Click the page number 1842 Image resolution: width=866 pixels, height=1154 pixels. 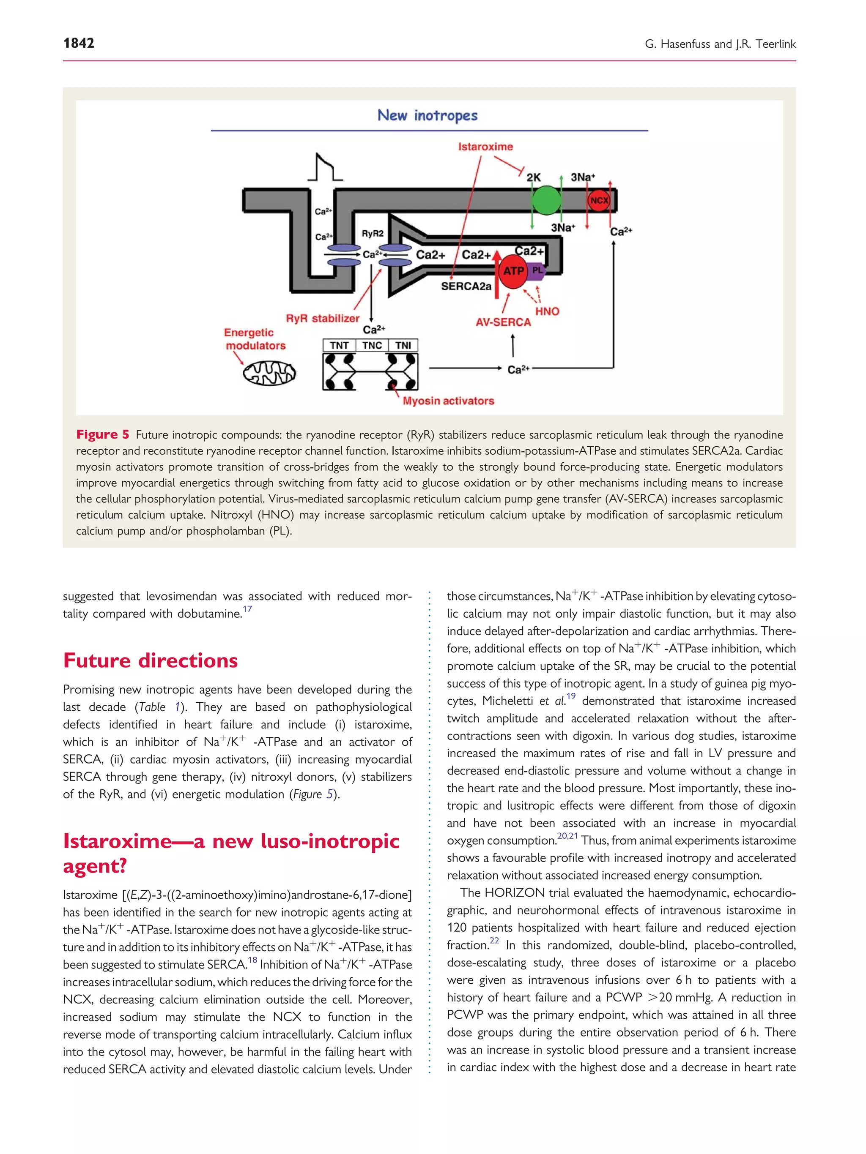[79, 43]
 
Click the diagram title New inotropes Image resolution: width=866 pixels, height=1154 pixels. [428, 115]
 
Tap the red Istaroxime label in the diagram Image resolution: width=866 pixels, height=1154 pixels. [485, 147]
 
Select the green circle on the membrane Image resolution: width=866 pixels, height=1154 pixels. [546, 200]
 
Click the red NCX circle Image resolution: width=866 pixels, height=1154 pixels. [599, 200]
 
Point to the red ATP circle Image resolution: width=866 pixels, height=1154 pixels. [513, 271]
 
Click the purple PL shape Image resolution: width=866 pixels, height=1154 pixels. [537, 270]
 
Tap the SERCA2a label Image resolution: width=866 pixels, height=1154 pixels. [466, 286]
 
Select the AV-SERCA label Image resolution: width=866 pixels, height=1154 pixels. [503, 322]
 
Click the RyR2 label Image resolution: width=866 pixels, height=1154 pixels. [372, 234]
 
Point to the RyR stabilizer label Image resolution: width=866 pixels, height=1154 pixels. [323, 318]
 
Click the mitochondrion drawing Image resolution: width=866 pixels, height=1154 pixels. [269, 373]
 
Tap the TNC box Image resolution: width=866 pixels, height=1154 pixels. [372, 345]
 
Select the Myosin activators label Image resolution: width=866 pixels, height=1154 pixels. [448, 401]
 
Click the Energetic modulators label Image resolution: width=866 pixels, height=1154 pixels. [255, 339]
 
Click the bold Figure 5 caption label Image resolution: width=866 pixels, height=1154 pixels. [103, 434]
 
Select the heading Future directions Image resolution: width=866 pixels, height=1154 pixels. [151, 660]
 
